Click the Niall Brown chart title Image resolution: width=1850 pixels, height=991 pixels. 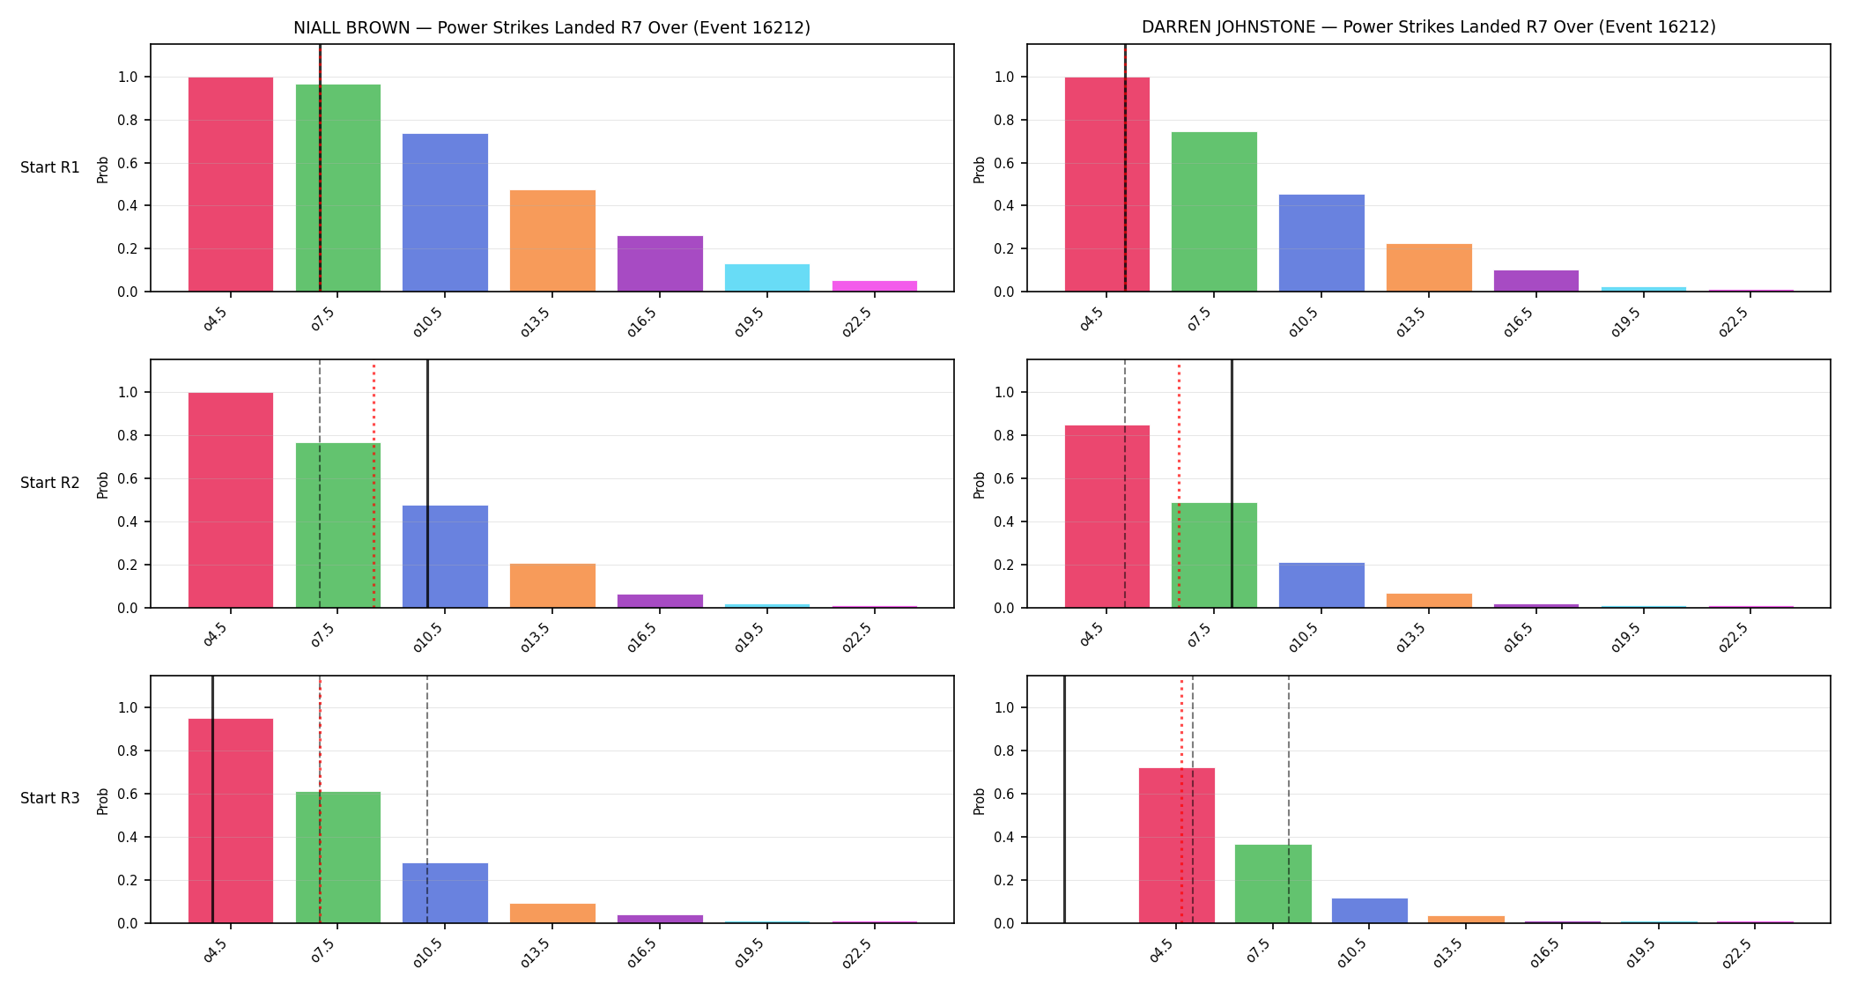551,27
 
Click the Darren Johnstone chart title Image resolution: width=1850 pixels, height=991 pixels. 1428,27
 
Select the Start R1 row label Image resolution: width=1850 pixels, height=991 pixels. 50,167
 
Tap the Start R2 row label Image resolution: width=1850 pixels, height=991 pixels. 50,483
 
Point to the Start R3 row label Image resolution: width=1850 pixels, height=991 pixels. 50,798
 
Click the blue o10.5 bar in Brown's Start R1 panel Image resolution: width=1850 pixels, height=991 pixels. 445,212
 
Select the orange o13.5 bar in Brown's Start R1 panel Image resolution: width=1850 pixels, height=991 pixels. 552,240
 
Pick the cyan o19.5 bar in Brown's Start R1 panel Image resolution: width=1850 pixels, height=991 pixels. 767,277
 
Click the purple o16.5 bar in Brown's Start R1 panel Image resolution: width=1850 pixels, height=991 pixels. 660,263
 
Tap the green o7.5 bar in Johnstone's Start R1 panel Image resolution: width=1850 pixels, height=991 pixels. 1214,211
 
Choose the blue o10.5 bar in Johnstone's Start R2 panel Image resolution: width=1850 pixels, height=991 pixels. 1321,585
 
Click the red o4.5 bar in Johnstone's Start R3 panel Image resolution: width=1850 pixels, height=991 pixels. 1177,846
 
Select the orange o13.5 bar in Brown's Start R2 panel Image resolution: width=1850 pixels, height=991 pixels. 552,586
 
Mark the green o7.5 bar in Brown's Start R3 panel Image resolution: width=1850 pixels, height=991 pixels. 338,857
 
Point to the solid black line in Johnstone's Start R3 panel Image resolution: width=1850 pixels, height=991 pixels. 1064,799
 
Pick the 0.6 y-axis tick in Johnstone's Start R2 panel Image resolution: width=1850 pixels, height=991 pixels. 1004,478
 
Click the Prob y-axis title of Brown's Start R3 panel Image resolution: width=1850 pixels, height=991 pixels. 103,801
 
